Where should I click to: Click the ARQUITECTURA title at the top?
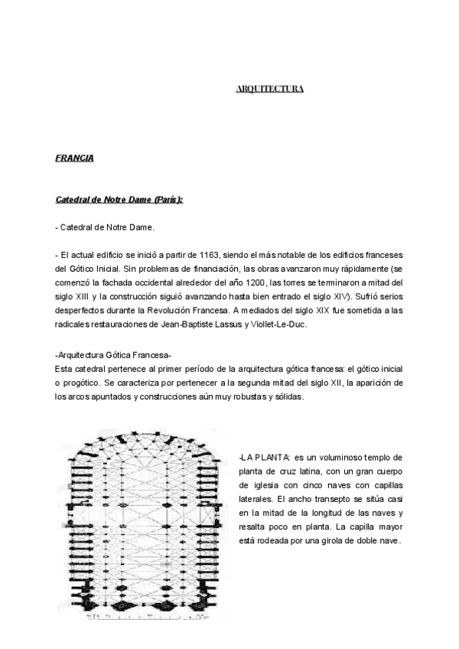coord(269,89)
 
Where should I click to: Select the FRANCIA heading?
coord(74,158)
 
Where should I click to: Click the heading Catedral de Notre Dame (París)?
coord(119,200)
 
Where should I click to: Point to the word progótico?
coord(85,383)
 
